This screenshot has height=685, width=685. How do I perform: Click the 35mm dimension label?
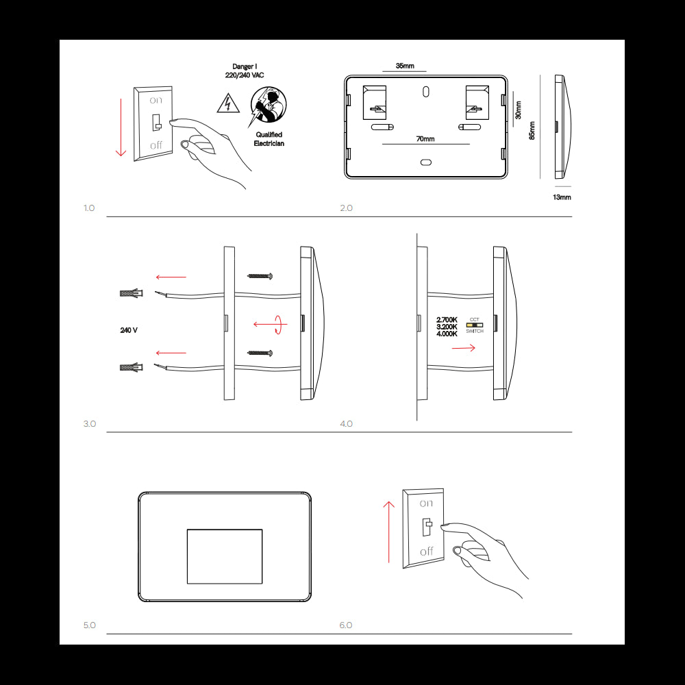pyautogui.click(x=405, y=66)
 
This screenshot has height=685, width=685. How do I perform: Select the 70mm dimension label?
pyautogui.click(x=425, y=139)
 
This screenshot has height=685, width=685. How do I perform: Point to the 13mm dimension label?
pyautogui.click(x=562, y=197)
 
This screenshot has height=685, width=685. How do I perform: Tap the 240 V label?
pyautogui.click(x=129, y=330)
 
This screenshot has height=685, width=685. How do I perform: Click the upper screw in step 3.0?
pyautogui.click(x=260, y=276)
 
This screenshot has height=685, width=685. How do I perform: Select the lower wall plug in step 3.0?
pyautogui.click(x=130, y=368)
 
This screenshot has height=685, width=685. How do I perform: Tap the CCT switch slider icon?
pyautogui.click(x=475, y=325)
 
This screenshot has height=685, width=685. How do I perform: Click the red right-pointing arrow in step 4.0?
pyautogui.click(x=464, y=348)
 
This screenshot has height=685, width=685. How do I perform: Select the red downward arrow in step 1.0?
pyautogui.click(x=121, y=127)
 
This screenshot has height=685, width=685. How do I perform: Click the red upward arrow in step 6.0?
pyautogui.click(x=388, y=531)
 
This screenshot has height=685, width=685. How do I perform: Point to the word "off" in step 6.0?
pyautogui.click(x=427, y=551)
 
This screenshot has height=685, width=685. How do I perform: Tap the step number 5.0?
pyautogui.click(x=90, y=625)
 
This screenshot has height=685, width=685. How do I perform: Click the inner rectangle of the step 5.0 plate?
pyautogui.click(x=225, y=556)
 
